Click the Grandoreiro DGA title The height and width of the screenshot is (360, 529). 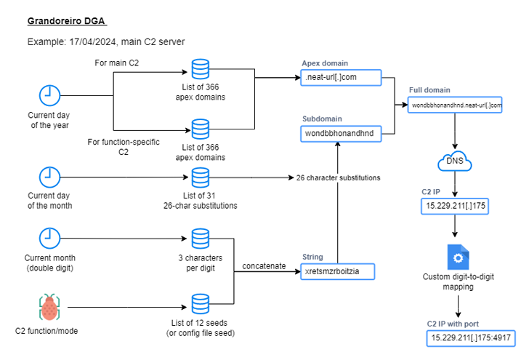tap(70, 20)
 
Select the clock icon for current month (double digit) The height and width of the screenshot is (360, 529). tap(49, 239)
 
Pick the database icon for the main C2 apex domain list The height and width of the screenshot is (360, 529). tap(200, 70)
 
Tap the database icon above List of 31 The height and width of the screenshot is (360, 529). tap(200, 177)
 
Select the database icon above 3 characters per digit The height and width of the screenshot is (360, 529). tap(200, 239)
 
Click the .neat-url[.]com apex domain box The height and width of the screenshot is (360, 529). tap(340, 76)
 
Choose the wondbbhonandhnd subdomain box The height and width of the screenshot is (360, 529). tap(340, 133)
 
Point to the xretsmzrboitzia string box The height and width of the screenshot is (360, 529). tap(340, 272)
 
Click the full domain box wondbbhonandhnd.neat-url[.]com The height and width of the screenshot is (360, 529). tap(456, 105)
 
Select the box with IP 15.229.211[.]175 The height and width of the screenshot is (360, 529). tap(455, 207)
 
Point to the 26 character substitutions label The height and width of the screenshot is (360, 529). tap(337, 177)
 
